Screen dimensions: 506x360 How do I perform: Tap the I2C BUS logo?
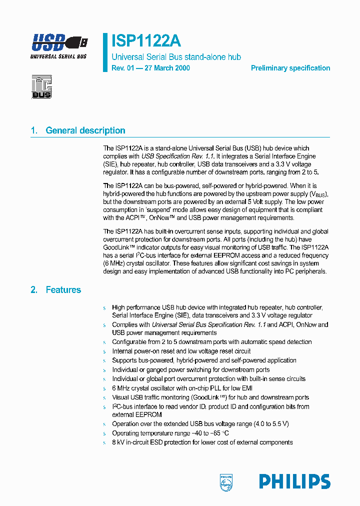coord(41,86)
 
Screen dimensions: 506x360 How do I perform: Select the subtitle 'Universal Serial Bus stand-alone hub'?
coord(176,57)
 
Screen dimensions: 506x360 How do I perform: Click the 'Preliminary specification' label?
coord(290,68)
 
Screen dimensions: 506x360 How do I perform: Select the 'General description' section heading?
coord(85,130)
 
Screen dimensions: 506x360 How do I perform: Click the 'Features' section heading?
coord(63,289)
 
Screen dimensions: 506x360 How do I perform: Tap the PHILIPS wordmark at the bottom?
coord(294,481)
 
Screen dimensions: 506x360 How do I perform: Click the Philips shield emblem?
coord(226,482)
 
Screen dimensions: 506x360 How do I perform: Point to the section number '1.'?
coord(34,130)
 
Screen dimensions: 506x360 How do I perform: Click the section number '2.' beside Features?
coord(34,289)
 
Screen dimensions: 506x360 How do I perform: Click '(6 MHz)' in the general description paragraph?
coord(114,262)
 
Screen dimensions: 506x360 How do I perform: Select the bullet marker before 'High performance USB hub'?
coord(105,308)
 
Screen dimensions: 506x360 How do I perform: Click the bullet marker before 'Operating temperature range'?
coord(105,433)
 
